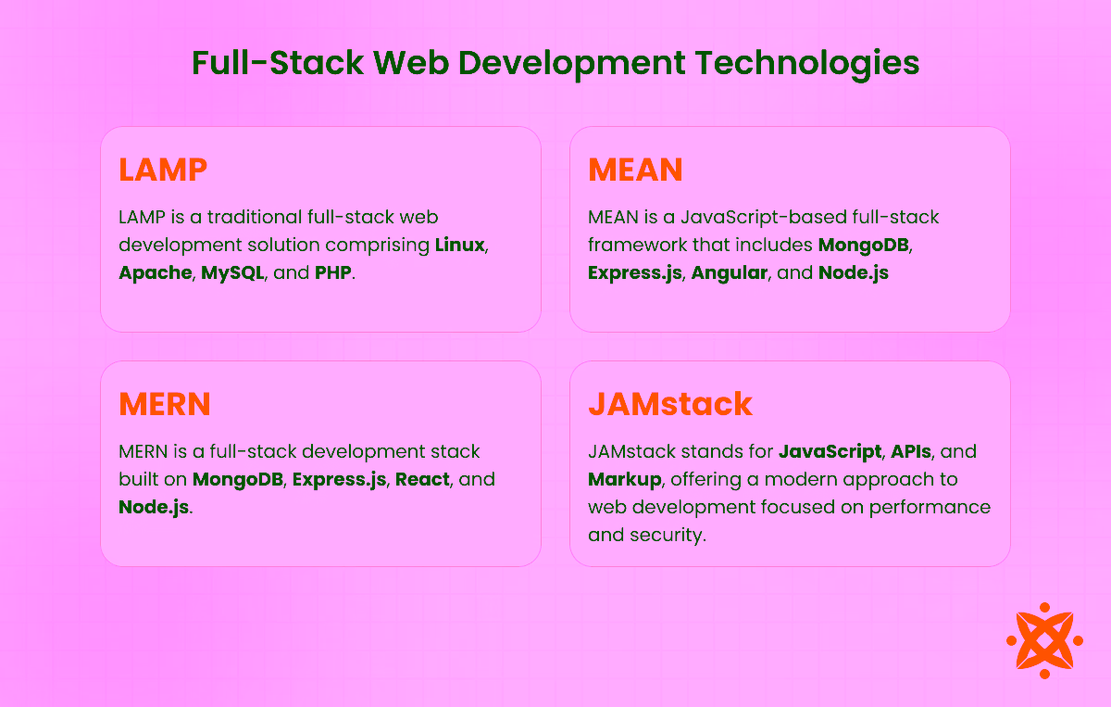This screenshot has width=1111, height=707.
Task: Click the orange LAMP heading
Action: [x=163, y=170]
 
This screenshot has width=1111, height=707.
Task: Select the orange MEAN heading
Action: [x=635, y=170]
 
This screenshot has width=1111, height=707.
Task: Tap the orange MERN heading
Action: [x=165, y=404]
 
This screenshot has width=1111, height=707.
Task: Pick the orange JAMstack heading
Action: [x=670, y=404]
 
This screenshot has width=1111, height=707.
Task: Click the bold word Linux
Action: [x=460, y=246]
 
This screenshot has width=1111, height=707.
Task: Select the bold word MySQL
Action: [x=233, y=273]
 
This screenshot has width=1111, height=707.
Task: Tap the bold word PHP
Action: [x=333, y=273]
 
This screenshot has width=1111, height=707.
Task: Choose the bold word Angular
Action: [x=730, y=273]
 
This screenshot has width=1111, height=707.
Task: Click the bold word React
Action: [x=422, y=480]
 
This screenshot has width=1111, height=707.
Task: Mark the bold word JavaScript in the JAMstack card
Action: [x=830, y=452]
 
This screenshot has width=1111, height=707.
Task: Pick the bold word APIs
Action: [x=912, y=452]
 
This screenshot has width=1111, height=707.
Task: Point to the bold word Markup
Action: [x=623, y=480]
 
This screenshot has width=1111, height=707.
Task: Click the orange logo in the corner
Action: [x=1044, y=640]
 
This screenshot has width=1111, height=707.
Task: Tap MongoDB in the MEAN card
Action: [x=864, y=246]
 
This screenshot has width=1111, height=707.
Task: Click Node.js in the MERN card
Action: [x=154, y=508]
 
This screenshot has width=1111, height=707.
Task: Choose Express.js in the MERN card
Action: [x=339, y=480]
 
